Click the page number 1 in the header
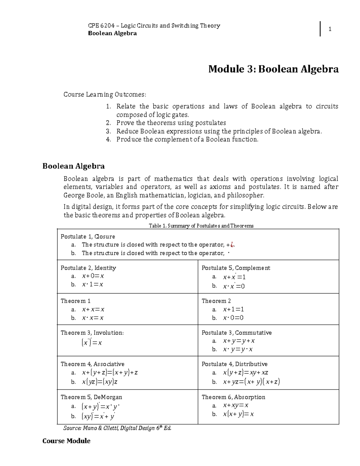[330, 29]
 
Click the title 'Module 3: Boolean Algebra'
[273, 69]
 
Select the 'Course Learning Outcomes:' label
[105, 95]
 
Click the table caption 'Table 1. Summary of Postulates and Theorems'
[201, 226]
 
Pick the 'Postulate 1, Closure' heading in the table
[88, 236]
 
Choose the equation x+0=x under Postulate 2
[93, 276]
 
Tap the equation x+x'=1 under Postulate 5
[234, 277]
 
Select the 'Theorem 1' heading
[76, 301]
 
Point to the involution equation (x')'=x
[91, 343]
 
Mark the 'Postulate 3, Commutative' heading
[236, 333]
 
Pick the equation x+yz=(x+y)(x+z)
[251, 382]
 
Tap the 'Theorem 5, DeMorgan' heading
[91, 397]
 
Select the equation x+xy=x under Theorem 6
[235, 405]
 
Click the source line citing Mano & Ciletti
[117, 428]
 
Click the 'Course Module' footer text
[66, 441]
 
